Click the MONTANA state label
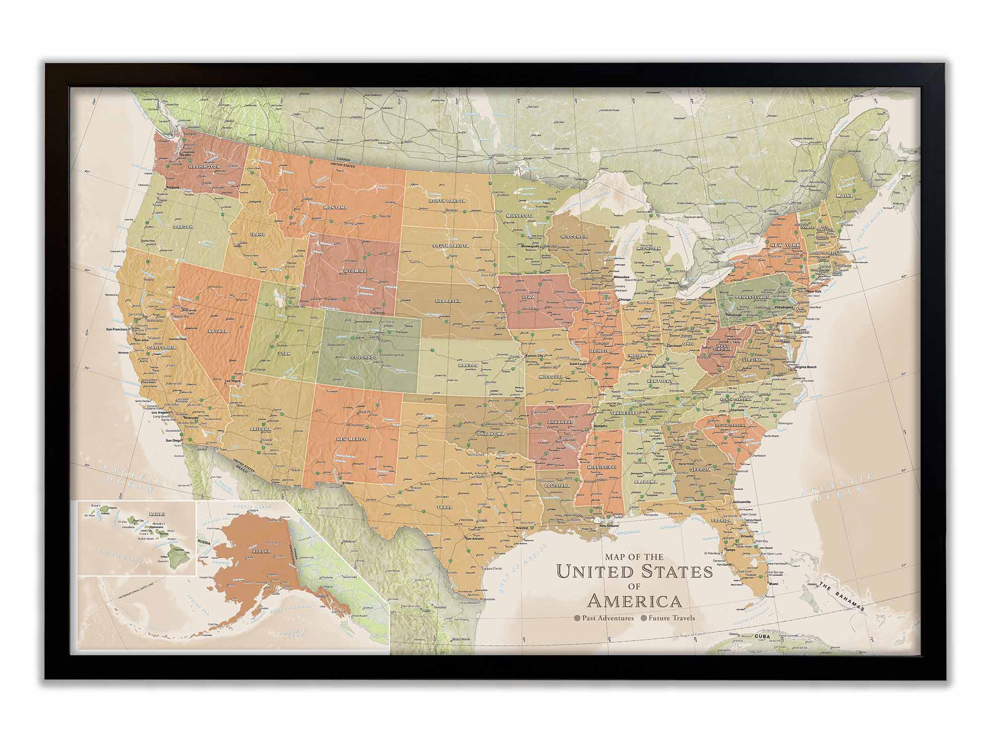point(335,207)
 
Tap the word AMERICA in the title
point(634,601)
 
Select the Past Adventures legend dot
point(577,619)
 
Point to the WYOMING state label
point(355,271)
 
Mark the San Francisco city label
point(119,329)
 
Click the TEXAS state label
point(444,508)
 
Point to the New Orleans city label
point(610,525)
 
